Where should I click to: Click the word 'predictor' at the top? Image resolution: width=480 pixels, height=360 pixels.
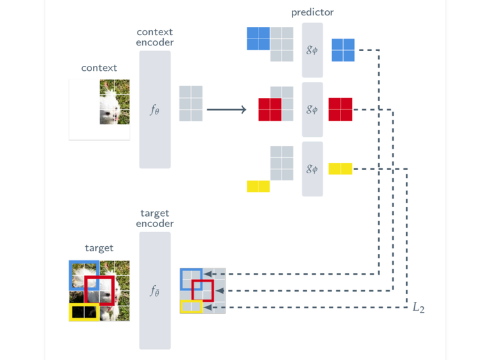pos(312,12)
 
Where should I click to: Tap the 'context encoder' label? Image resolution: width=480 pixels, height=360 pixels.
pos(155,37)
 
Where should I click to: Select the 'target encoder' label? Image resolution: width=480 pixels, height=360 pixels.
pos(155,219)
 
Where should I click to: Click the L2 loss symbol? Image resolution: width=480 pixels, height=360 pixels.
pos(419,308)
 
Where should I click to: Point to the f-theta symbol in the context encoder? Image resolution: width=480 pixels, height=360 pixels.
pos(155,110)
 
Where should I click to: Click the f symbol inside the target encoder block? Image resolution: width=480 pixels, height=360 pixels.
pos(155,291)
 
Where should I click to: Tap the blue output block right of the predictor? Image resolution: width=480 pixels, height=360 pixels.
pos(343,50)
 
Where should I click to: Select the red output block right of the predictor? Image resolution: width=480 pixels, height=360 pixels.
pos(340,109)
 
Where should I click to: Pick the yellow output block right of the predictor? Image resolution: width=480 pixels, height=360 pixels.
pos(340,169)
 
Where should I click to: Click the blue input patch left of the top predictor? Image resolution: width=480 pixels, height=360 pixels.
pos(259,38)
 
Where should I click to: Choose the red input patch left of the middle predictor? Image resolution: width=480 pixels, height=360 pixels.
pos(270,109)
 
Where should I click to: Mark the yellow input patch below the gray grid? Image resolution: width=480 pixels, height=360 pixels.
pos(259,186)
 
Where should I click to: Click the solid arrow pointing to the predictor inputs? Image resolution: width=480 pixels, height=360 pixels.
pos(227,110)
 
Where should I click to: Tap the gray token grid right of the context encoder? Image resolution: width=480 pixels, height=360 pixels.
pos(191,104)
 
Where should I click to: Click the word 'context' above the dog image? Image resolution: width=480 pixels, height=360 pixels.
pos(99,68)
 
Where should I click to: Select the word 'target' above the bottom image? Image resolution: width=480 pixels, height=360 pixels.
pos(99,248)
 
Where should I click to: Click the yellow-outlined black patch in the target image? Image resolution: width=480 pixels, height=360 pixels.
pos(84,312)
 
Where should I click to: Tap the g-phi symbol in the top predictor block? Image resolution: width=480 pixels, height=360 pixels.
pos(312,50)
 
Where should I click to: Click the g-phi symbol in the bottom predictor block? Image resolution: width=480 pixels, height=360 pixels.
pos(312,169)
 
